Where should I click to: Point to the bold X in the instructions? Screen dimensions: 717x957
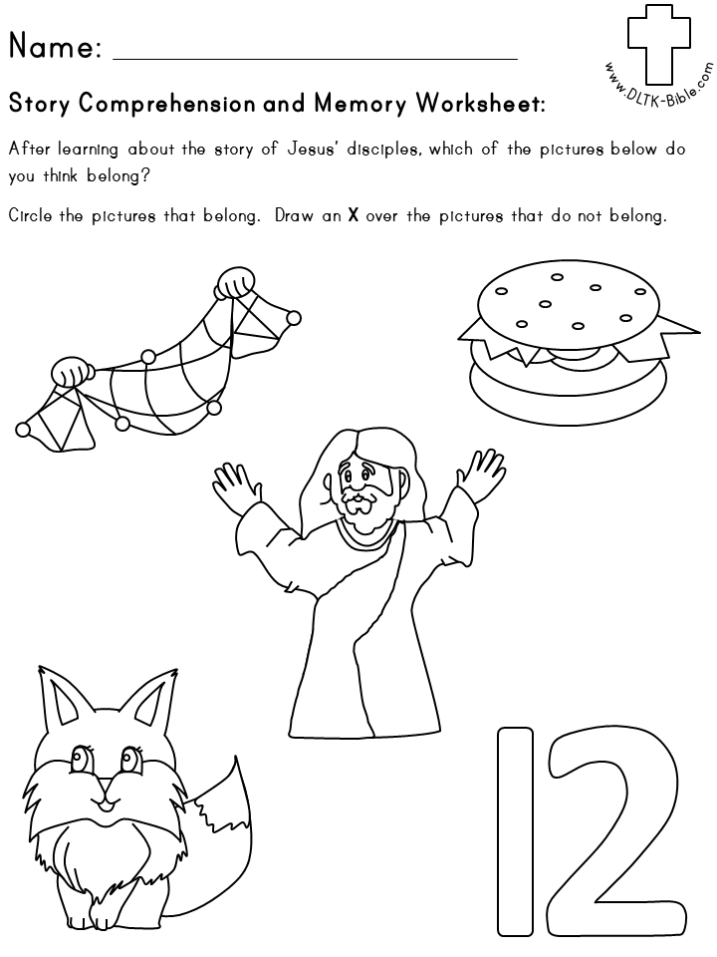tap(353, 215)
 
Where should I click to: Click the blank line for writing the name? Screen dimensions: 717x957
tap(316, 59)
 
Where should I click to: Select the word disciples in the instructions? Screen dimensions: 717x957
tap(382, 149)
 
